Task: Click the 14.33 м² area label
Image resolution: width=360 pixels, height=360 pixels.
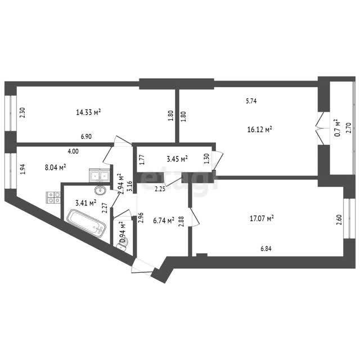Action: (x=88, y=112)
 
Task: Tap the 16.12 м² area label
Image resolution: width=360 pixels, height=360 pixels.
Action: (x=259, y=129)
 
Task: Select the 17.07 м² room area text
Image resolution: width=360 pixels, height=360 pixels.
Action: (x=262, y=218)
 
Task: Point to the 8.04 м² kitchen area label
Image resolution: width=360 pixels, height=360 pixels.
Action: (x=55, y=168)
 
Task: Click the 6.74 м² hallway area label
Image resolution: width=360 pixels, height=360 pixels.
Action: (x=164, y=220)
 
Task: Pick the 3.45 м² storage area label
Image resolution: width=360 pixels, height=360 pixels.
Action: (x=177, y=159)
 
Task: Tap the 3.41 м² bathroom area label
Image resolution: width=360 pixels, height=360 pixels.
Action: (x=85, y=203)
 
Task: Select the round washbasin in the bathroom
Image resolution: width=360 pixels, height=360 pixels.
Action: (x=100, y=190)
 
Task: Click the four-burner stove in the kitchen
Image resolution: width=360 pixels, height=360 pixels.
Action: (x=53, y=197)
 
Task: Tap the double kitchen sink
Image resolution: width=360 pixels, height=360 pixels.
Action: (x=100, y=175)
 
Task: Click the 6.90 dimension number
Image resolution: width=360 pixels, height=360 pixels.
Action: (x=86, y=137)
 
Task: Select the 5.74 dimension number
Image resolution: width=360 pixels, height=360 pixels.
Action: (x=251, y=101)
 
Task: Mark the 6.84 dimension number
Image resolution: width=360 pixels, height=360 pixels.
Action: (x=266, y=249)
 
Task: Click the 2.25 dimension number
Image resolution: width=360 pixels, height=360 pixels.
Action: (x=160, y=189)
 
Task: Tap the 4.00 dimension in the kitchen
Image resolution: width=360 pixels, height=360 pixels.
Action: (x=73, y=151)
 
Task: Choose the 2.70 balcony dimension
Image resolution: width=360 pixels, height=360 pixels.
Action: (x=349, y=128)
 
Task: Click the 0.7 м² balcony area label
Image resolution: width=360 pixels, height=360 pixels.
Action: (x=337, y=128)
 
